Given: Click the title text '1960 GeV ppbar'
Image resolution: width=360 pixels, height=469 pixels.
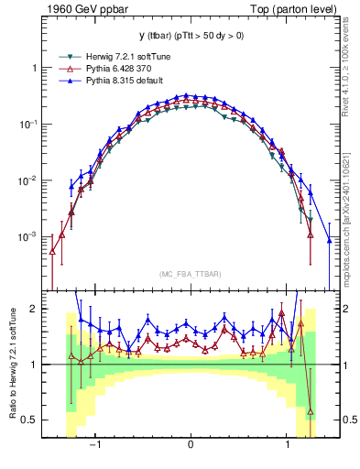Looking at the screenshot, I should click(x=82, y=10).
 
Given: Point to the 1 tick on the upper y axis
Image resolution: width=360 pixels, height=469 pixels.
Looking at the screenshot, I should click(x=33, y=68).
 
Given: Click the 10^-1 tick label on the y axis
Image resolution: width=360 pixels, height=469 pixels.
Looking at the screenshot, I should click(x=27, y=124).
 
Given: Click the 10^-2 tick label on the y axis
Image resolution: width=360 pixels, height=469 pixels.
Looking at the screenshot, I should click(x=27, y=180).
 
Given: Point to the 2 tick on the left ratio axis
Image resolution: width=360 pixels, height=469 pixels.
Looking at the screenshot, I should click(x=33, y=309).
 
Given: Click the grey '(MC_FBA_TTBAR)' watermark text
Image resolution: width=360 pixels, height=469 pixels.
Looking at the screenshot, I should click(x=190, y=273).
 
